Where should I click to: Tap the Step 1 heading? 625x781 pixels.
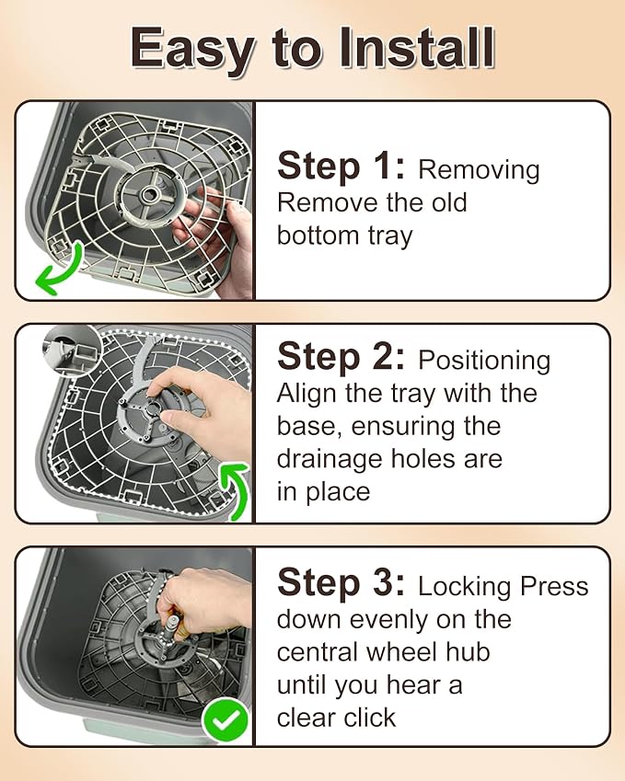[x=341, y=166]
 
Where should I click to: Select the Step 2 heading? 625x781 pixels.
[x=341, y=356]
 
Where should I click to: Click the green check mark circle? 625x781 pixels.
[x=226, y=719]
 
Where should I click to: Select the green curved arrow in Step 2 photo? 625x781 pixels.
[x=237, y=490]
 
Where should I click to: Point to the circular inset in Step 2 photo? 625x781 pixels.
[x=73, y=351]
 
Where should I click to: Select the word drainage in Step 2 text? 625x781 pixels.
[x=330, y=460]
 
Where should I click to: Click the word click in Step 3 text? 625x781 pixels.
[x=370, y=718]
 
